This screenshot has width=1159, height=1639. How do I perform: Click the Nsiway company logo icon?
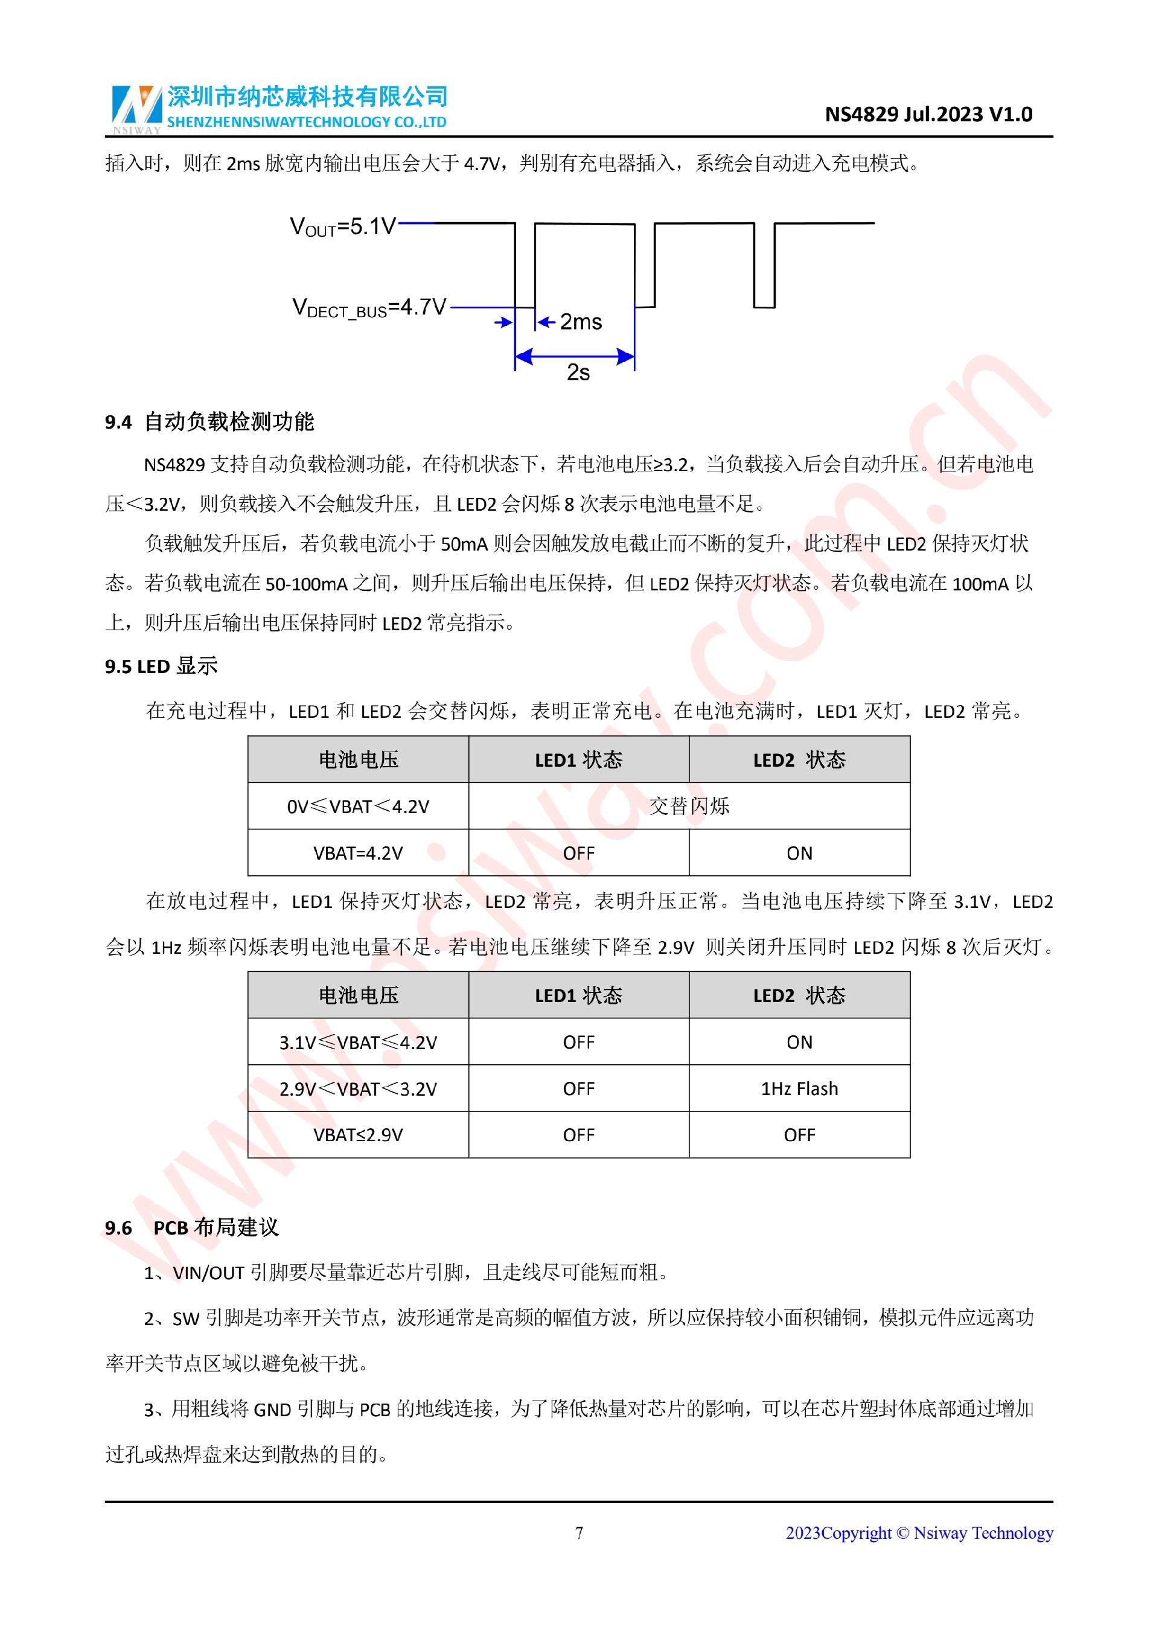136,107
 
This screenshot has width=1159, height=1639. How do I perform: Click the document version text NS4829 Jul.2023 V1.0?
928,114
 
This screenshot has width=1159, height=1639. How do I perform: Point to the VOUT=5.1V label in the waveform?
342,227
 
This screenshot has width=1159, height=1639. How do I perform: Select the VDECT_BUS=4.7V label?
369,308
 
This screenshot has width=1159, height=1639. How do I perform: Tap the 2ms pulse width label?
580,322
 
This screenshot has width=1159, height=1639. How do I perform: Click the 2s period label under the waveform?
578,372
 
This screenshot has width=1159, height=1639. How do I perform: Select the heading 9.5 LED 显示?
161,666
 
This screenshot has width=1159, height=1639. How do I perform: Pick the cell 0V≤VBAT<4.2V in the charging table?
357,807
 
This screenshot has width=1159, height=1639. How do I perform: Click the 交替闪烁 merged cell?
689,807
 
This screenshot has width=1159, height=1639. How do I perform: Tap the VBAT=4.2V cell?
357,853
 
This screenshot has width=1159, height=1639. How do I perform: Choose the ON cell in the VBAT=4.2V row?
799,853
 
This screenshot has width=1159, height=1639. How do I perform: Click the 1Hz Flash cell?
799,1088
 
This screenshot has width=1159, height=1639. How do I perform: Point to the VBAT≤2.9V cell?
357,1135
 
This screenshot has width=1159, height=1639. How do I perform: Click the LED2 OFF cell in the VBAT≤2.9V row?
799,1135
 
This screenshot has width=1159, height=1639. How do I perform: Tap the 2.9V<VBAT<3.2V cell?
357,1088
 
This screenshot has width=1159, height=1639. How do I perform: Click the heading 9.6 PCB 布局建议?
191,1228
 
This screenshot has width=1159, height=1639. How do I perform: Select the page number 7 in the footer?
579,1533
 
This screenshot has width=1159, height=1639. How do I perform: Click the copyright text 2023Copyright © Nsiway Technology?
919,1533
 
